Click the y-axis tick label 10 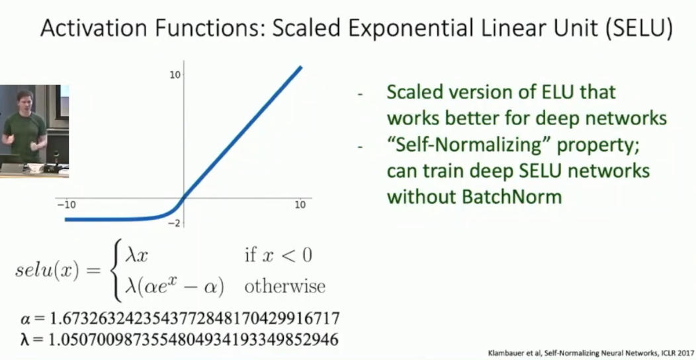[175, 75]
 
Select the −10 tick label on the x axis [66, 204]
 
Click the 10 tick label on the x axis [300, 204]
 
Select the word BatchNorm [512, 197]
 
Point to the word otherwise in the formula [284, 287]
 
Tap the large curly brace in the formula [116, 271]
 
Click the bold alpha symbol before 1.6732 [25, 319]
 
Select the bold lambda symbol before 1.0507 [25, 339]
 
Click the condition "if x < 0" [279, 255]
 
